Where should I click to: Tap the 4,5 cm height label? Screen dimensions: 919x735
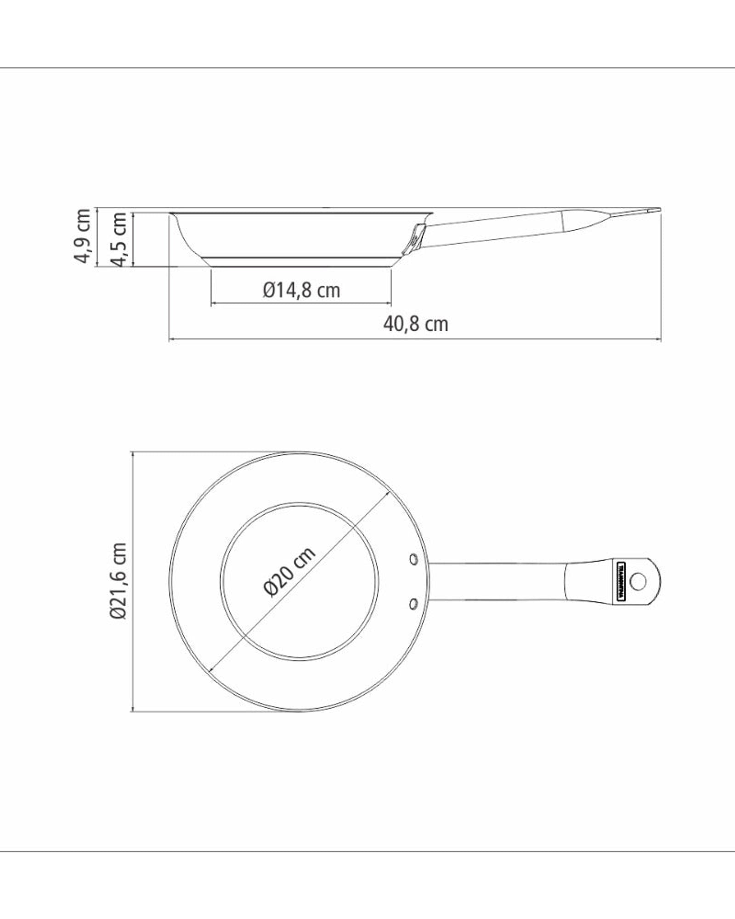(119, 239)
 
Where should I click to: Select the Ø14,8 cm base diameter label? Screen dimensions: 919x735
(301, 290)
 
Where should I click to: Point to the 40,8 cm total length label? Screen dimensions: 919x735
(415, 324)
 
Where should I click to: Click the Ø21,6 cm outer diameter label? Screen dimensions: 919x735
(118, 581)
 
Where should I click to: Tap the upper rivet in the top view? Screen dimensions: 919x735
(413, 559)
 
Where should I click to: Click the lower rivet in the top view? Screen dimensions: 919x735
(413, 602)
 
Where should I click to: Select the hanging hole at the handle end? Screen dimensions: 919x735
(638, 582)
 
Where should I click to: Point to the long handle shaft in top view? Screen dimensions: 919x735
(496, 581)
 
